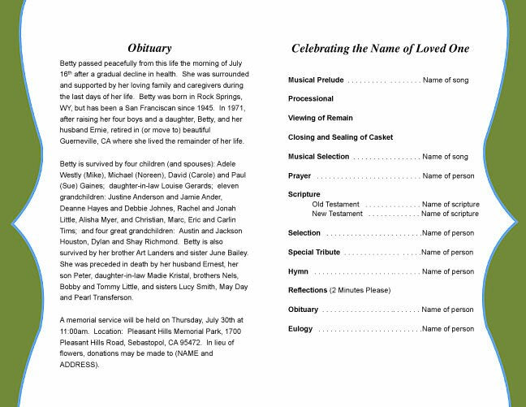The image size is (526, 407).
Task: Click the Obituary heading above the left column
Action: pos(159,48)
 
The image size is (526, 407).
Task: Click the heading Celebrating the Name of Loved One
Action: pos(380,49)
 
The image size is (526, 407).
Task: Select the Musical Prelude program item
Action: pos(316,80)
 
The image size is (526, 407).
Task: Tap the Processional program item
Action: pos(311,99)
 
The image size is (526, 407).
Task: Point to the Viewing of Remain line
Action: pos(319,119)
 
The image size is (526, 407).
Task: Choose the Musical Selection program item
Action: pos(318,156)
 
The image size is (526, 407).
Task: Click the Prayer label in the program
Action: pos(300,175)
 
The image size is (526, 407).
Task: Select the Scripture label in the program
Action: pos(304,194)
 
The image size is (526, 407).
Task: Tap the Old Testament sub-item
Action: pos(336,204)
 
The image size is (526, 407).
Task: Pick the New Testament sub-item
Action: pos(337,214)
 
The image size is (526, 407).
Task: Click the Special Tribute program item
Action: pos(314,252)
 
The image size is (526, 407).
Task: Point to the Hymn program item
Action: pos(298,271)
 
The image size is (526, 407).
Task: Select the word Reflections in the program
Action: pos(308,290)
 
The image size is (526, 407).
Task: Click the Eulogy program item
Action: pos(300,328)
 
